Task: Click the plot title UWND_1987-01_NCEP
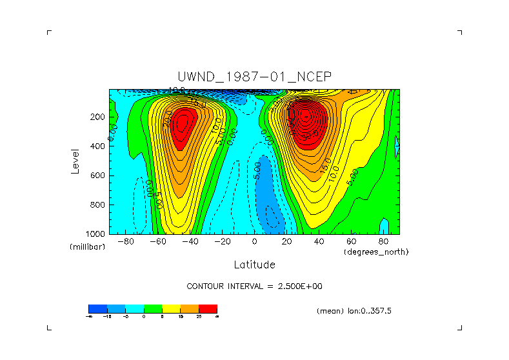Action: (x=254, y=77)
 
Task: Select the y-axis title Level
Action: (x=75, y=161)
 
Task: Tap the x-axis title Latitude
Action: (x=254, y=265)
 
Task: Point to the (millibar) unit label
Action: (x=87, y=248)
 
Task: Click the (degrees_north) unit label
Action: (x=376, y=252)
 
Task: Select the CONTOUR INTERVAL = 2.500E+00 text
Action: (x=254, y=286)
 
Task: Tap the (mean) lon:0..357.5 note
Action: (x=354, y=311)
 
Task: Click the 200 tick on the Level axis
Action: (x=98, y=117)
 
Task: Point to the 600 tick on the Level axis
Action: (x=98, y=175)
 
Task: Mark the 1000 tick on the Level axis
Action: (x=96, y=234)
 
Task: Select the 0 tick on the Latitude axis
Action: (x=254, y=242)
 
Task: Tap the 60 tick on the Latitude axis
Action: (x=351, y=242)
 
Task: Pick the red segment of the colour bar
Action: (x=208, y=308)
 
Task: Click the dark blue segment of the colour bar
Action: (x=97, y=308)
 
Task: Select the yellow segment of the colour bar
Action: (x=171, y=308)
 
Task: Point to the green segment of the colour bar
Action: (x=153, y=308)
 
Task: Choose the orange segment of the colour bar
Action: (x=190, y=308)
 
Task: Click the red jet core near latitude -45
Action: (x=183, y=126)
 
